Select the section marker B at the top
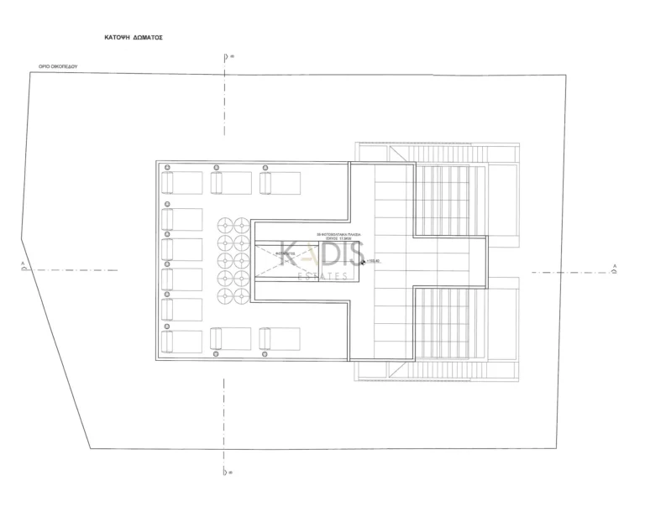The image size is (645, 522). tap(227, 58)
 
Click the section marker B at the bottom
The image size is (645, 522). tap(227, 472)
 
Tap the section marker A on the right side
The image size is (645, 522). tap(615, 269)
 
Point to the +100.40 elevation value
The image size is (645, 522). tap(374, 261)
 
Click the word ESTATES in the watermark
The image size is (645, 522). tap(321, 275)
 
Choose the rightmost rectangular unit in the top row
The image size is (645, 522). tap(280, 181)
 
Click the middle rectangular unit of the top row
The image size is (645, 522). tap(230, 181)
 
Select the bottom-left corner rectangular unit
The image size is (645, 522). tap(182, 341)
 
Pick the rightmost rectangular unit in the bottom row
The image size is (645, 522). tap(280, 338)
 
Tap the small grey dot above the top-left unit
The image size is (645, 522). tap(167, 167)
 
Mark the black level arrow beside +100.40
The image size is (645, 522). tap(362, 262)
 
